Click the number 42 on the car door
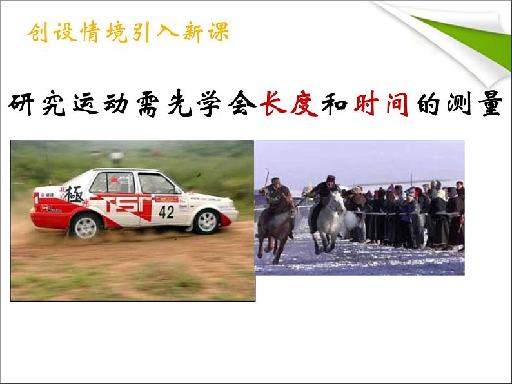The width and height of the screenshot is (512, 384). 166,211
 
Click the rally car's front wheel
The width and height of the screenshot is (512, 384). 207,222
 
